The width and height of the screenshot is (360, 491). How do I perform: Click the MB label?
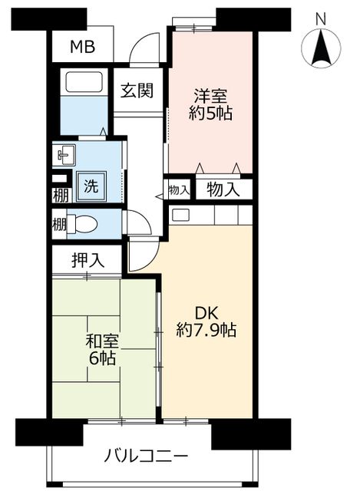pyautogui.click(x=82, y=48)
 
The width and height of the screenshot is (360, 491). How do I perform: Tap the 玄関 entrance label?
pyautogui.click(x=137, y=90)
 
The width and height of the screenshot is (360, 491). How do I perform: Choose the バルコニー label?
pyautogui.click(x=146, y=457)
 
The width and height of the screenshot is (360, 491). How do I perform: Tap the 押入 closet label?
pyautogui.click(x=87, y=259)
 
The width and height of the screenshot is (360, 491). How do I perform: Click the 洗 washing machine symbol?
pyautogui.click(x=91, y=185)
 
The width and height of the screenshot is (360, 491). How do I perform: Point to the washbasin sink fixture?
pyautogui.click(x=64, y=156)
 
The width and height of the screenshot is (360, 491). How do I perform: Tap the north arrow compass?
pyautogui.click(x=321, y=50)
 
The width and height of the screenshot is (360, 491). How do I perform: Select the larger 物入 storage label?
pyautogui.click(x=223, y=189)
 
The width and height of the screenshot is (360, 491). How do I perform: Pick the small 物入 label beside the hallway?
pyautogui.click(x=178, y=189)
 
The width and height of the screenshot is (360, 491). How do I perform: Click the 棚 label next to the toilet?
pyautogui.click(x=59, y=225)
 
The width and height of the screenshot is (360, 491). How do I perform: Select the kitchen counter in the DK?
pyautogui.click(x=211, y=215)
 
